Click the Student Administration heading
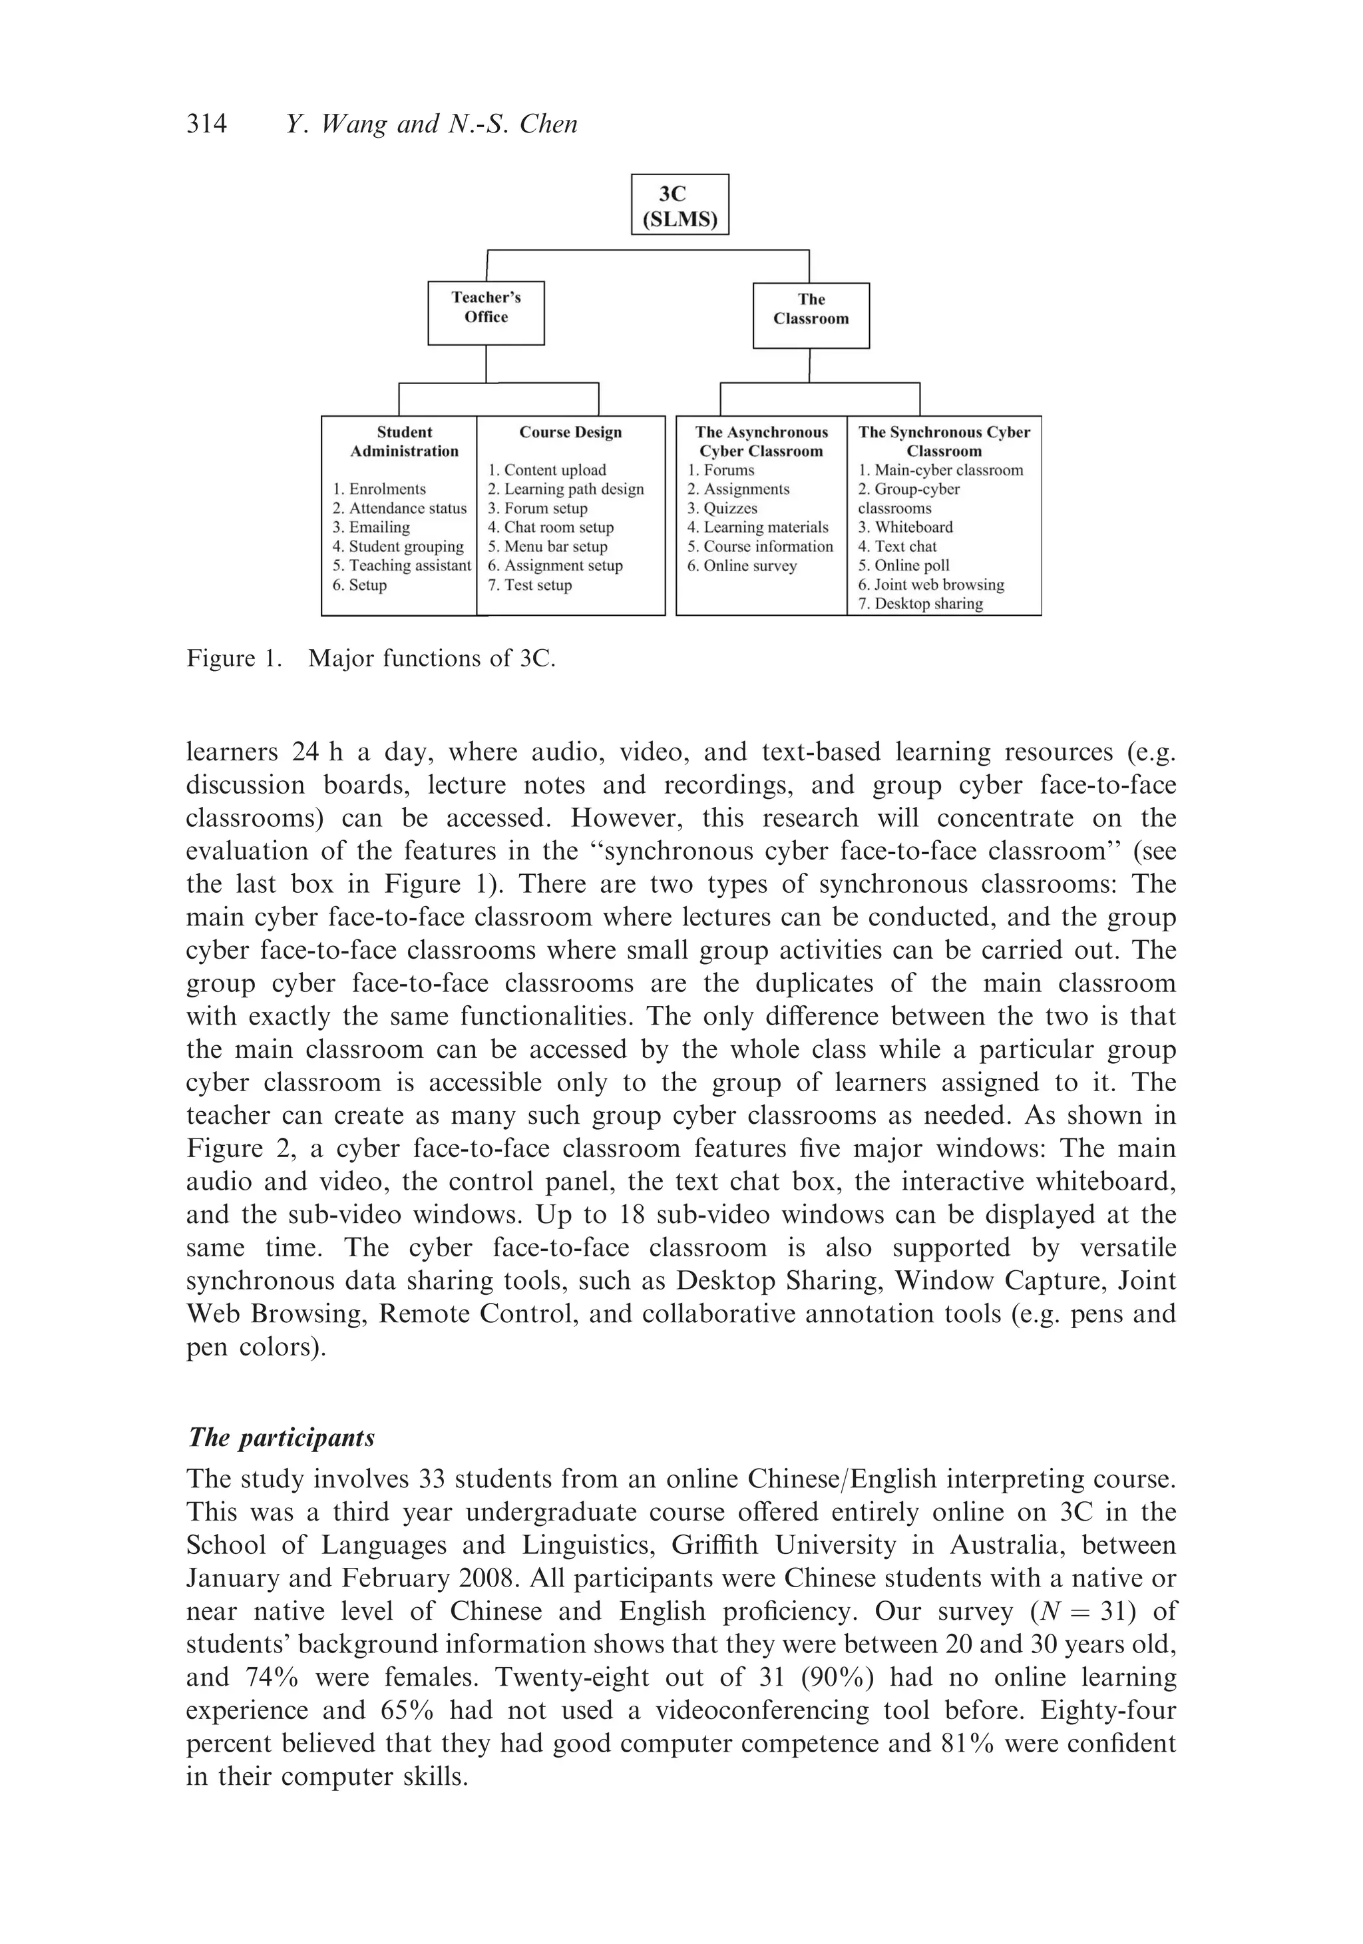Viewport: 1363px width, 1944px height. pos(404,441)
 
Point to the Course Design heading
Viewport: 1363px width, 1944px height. pos(570,432)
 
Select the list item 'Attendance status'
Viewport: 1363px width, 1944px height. pos(399,508)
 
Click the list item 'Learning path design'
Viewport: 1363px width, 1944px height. pos(566,489)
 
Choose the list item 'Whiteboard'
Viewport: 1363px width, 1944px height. pos(905,527)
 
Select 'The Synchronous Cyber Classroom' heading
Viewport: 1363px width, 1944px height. pos(943,441)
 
